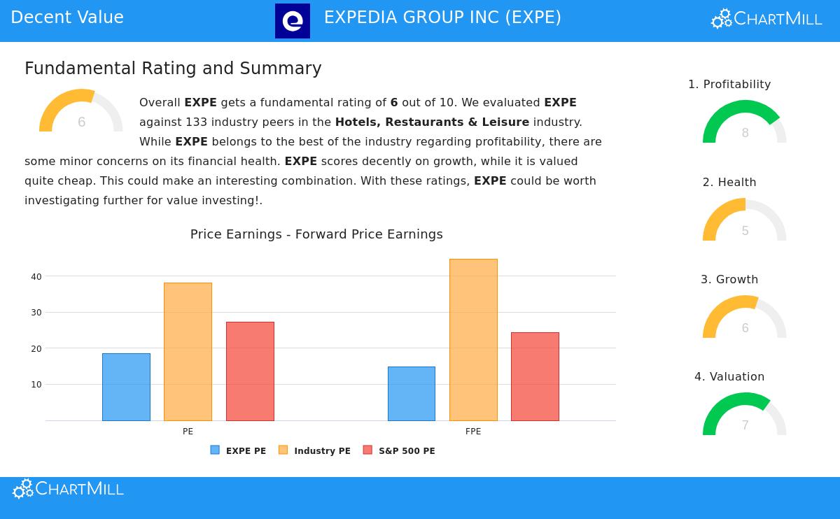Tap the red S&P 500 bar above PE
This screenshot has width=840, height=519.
coord(250,371)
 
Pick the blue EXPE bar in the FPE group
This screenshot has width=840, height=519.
coord(412,394)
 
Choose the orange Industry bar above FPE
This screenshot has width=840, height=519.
coord(473,340)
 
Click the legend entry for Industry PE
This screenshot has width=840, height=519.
coord(315,450)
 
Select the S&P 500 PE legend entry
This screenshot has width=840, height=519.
coord(399,450)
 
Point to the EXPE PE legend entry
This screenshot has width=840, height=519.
coord(238,450)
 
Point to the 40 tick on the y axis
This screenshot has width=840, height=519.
coord(36,276)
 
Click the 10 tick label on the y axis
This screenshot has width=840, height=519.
coord(36,384)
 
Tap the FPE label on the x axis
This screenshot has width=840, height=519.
coord(473,432)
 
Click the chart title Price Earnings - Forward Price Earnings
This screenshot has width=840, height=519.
coord(316,234)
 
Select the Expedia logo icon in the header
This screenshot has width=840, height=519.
coord(293,21)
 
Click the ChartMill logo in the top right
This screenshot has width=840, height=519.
coord(766,19)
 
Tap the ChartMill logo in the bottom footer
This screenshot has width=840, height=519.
coord(68,488)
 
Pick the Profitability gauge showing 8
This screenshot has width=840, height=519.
coord(745,124)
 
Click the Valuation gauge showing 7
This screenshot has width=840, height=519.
coord(745,416)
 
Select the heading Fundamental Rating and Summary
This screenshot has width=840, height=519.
coord(173,69)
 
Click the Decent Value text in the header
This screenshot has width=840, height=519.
coord(67,17)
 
